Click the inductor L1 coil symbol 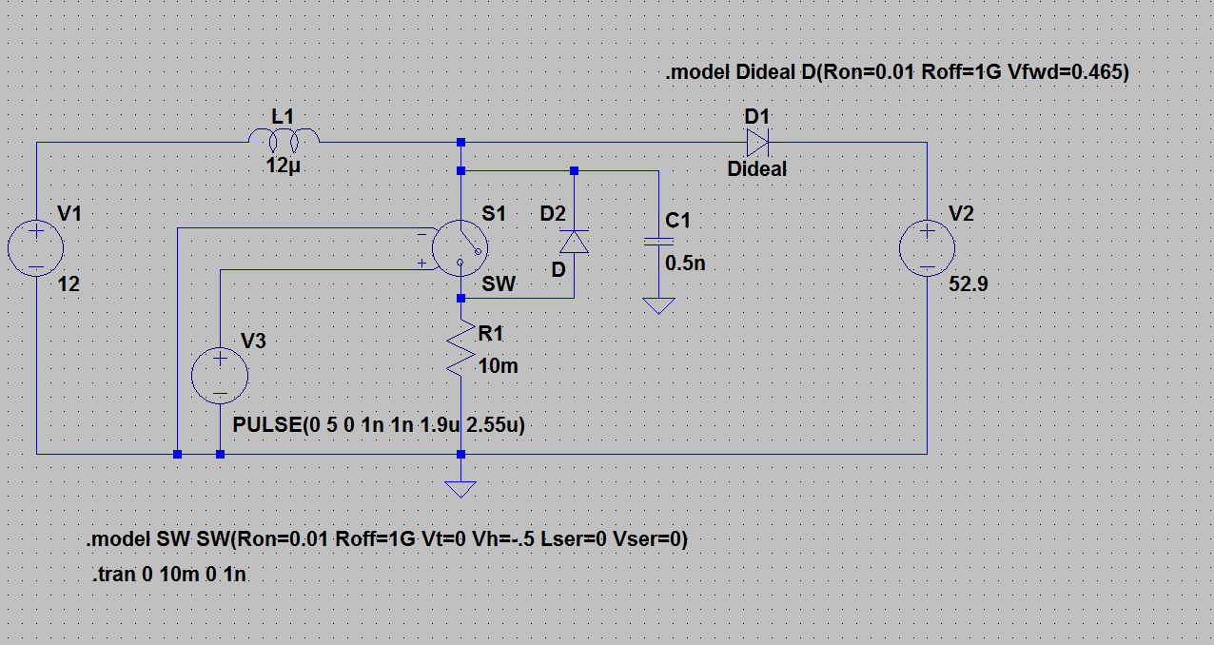coord(284,139)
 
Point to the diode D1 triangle coord(757,143)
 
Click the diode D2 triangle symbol coord(574,242)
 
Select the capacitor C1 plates coord(659,242)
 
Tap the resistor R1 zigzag coord(460,347)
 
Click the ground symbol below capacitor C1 coord(659,305)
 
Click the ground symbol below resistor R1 coord(460,489)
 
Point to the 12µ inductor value coord(283,166)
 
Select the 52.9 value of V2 coord(968,284)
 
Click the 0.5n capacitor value coord(685,264)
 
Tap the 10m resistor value coord(499,366)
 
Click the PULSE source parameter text coord(379,425)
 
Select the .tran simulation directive coord(168,574)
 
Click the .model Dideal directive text coord(897,71)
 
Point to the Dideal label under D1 coord(756,169)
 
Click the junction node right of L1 coord(460,143)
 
